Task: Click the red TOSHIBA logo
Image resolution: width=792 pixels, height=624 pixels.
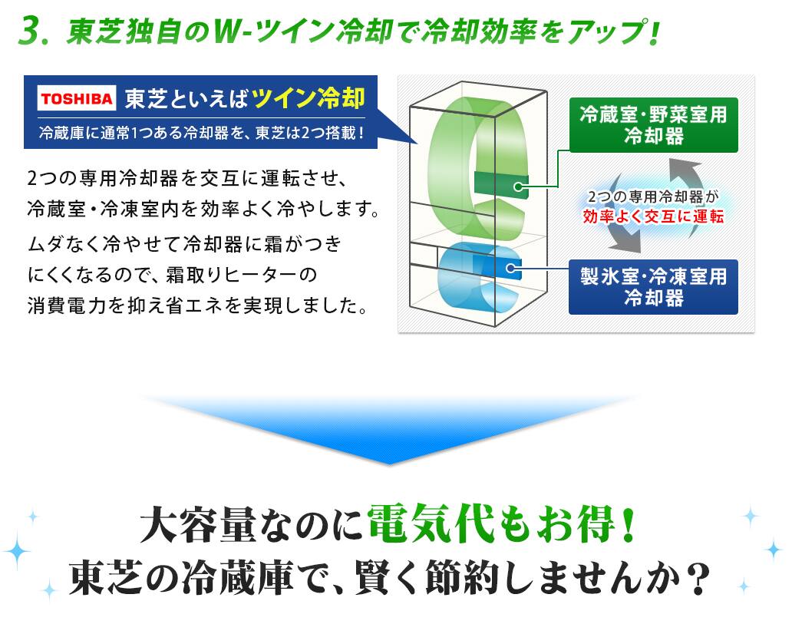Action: point(77,98)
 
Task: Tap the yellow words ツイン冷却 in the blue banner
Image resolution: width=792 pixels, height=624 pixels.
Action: point(308,97)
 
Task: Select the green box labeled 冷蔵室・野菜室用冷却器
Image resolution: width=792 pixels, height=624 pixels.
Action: point(654,125)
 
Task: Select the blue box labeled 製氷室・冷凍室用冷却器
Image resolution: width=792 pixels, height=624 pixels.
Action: point(654,287)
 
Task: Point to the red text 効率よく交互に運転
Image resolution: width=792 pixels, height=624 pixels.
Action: point(654,216)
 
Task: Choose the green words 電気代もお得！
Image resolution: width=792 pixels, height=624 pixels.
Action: point(501,523)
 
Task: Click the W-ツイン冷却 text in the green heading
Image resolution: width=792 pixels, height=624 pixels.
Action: point(302,31)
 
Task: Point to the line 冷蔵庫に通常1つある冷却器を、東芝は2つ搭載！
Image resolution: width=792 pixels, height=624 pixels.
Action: point(202,134)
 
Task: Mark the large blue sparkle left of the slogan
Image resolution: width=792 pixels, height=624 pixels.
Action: point(17,551)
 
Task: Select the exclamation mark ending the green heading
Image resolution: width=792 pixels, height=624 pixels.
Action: point(654,31)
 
